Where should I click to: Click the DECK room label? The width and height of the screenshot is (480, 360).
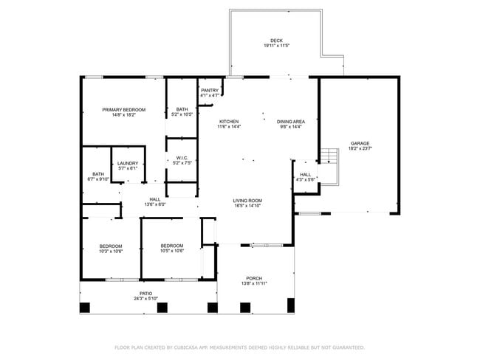point(275,41)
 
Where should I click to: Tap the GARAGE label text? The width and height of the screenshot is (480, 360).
point(360,143)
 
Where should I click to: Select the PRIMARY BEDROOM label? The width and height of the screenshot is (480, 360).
point(123,109)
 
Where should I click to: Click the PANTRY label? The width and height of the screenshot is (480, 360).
point(209,90)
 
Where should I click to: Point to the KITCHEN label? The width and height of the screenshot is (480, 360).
point(228,122)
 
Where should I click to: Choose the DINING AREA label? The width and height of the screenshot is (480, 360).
point(290,122)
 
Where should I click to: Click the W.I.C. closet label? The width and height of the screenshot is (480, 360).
point(182,157)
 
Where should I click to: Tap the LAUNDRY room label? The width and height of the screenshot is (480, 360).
point(128,163)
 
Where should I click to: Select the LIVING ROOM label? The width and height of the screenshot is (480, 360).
point(247,201)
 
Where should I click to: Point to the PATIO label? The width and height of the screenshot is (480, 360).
point(145,293)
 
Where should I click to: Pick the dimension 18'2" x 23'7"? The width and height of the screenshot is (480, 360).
point(360,148)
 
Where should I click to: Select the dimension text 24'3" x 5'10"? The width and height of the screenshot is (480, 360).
point(145,298)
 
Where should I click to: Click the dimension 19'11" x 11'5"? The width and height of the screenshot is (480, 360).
point(275,46)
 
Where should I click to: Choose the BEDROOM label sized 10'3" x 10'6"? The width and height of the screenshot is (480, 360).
point(111,246)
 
